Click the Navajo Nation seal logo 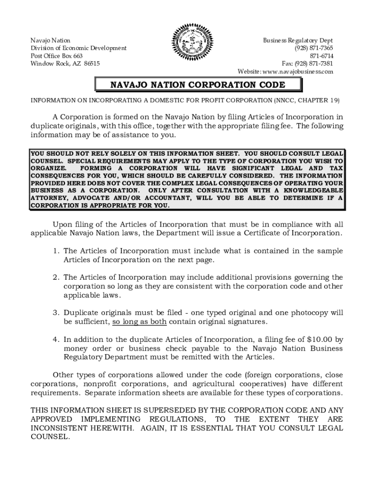[187, 48]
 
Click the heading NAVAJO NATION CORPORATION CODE [198, 85]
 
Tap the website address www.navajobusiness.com [298, 71]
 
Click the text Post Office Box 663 [56, 56]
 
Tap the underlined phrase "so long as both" [139, 322]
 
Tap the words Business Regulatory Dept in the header [298, 40]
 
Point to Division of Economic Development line [78, 48]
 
